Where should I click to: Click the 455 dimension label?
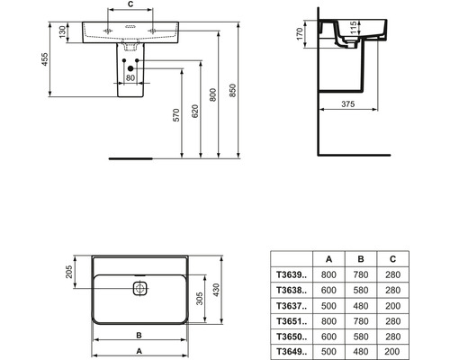click(44, 59)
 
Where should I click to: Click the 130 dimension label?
click(62, 32)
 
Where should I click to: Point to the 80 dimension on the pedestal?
click(130, 77)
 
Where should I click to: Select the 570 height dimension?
click(176, 115)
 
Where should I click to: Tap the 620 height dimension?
click(195, 111)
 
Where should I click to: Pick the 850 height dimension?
click(233, 90)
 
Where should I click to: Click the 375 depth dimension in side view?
click(348, 103)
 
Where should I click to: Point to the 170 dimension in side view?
click(300, 33)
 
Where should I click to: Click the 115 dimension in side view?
click(354, 27)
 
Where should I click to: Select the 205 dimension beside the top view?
click(69, 272)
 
